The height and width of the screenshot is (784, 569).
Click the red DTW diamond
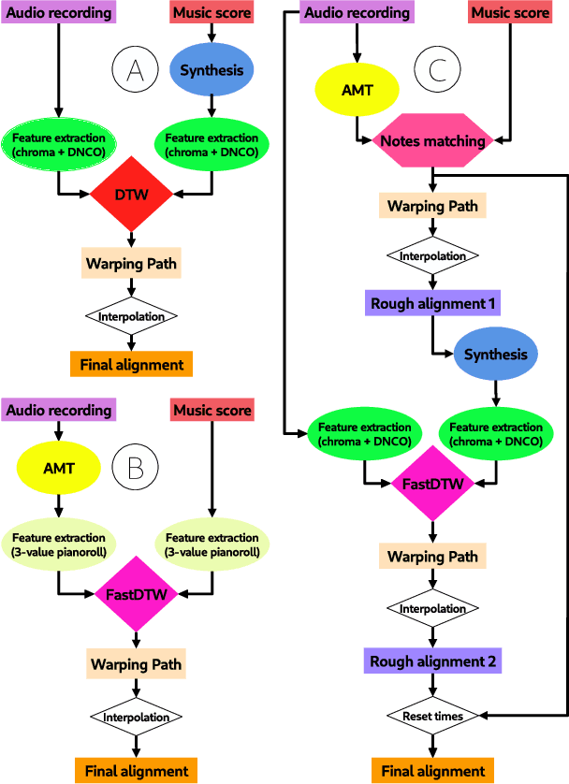pyautogui.click(x=132, y=195)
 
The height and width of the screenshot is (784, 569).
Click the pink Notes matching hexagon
pyautogui.click(x=433, y=141)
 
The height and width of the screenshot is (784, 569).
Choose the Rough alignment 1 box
pyautogui.click(x=433, y=303)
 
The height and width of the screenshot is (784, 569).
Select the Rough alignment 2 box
pyautogui.click(x=433, y=661)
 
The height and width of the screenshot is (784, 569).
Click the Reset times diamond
pyautogui.click(x=433, y=716)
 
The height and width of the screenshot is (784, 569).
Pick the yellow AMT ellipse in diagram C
pyautogui.click(x=357, y=90)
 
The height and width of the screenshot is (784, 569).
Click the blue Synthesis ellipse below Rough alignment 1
pyautogui.click(x=495, y=355)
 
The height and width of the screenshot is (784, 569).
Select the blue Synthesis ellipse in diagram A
pyautogui.click(x=211, y=70)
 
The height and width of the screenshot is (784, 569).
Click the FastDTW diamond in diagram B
pyautogui.click(x=138, y=593)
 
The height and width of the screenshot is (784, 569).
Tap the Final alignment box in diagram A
pyautogui.click(x=132, y=363)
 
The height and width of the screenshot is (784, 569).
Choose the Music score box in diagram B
pyautogui.click(x=212, y=410)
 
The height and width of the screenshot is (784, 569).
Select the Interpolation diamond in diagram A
pyautogui.click(x=132, y=316)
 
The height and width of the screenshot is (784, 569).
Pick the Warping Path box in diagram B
pyautogui.click(x=137, y=665)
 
